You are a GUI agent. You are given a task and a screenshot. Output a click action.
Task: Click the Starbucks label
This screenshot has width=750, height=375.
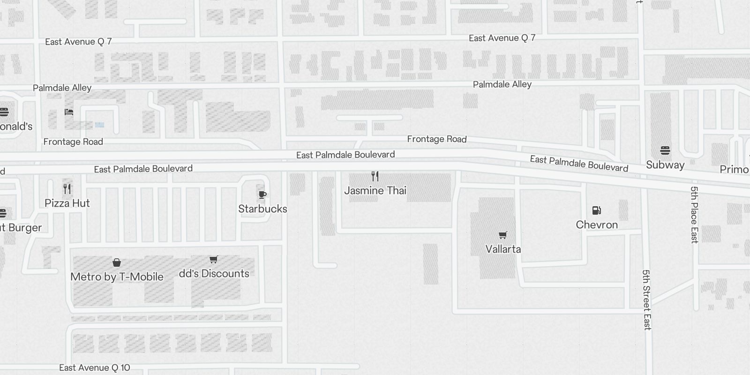point(262,209)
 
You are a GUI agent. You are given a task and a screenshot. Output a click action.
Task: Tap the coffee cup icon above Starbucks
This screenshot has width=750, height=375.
point(262,195)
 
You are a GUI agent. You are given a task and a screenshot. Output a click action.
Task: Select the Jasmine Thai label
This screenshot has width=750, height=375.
point(375,191)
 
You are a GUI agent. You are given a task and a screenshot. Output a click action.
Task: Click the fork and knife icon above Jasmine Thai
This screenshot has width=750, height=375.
point(375,176)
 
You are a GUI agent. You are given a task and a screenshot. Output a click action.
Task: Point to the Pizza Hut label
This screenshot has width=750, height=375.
point(67,203)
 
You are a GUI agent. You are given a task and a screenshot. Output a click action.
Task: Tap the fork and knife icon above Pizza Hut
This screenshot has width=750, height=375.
point(67,189)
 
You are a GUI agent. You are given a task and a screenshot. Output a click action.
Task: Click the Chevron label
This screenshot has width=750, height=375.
point(597,225)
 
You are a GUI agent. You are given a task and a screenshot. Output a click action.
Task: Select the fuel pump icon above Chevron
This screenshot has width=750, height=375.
point(597,210)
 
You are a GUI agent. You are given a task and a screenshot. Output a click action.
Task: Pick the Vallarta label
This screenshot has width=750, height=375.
point(503,249)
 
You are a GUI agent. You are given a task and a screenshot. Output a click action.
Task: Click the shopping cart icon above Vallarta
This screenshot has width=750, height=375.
point(503,235)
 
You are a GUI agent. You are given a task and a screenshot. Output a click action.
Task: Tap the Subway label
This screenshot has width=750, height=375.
point(665,165)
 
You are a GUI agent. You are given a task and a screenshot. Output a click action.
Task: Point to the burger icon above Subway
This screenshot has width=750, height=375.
point(665,150)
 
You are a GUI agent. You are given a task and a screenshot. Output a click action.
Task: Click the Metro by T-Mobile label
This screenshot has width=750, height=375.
point(117,277)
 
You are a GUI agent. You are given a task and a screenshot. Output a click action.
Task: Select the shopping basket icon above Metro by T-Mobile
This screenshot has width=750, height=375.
point(117,262)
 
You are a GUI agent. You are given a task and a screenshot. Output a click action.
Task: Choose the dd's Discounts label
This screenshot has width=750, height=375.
point(214,274)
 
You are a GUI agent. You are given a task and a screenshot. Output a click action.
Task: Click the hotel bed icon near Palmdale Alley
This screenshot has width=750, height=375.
point(69,112)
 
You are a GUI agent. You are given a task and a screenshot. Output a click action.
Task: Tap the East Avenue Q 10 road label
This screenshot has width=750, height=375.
point(95,368)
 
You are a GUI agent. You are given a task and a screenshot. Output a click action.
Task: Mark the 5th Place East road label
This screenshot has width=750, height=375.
point(694,215)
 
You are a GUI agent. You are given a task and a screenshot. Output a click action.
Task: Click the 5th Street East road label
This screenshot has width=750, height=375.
point(647,300)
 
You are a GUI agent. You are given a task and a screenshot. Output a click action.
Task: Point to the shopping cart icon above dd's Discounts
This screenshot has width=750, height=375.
point(214,259)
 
